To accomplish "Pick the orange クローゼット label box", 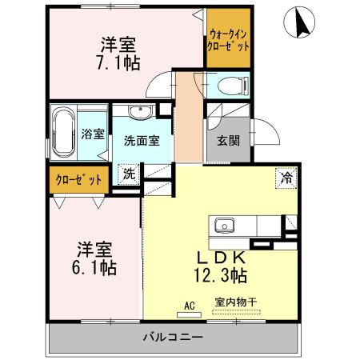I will [x=78, y=179].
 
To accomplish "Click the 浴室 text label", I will [x=92, y=134].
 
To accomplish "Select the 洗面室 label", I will [x=142, y=139].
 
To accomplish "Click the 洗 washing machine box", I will [x=128, y=173].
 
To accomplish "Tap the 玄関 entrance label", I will [x=228, y=141].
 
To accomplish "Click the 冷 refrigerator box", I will [x=285, y=178].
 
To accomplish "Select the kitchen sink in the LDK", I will [x=223, y=225].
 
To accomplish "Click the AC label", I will [x=190, y=305].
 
